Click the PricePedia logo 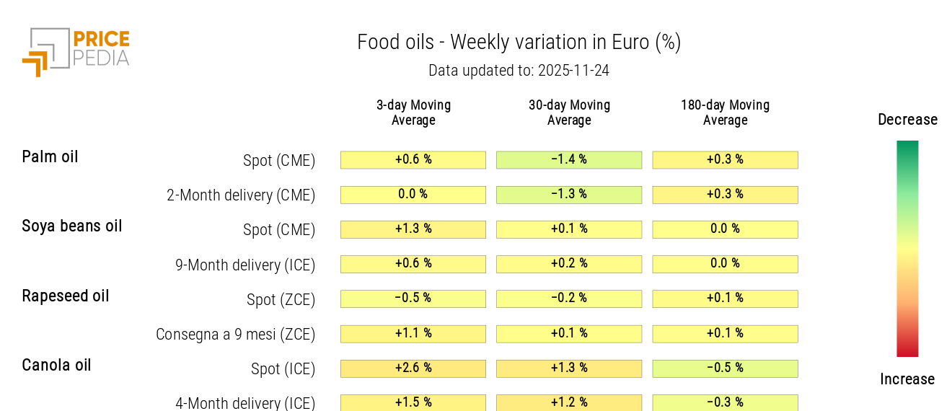click(x=76, y=51)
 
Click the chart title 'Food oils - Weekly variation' click(x=519, y=43)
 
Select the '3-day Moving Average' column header click(x=413, y=112)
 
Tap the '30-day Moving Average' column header click(x=569, y=112)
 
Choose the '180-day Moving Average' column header click(x=725, y=112)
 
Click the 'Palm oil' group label click(x=50, y=156)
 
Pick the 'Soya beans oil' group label click(x=72, y=226)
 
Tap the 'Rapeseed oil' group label click(x=66, y=296)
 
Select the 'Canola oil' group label click(x=56, y=365)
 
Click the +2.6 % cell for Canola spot click(x=413, y=368)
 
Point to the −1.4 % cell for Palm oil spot click(x=569, y=159)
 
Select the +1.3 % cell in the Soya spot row click(x=413, y=229)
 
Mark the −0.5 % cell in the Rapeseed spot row click(x=413, y=299)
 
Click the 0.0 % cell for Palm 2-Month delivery click(x=413, y=195)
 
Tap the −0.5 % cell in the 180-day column click(x=725, y=368)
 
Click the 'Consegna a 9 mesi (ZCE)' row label click(x=235, y=334)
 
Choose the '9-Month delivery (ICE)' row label click(x=245, y=265)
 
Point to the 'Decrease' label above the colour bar click(x=907, y=120)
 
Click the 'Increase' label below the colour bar click(x=907, y=379)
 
